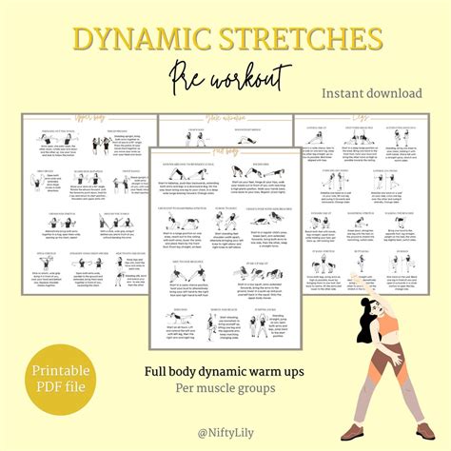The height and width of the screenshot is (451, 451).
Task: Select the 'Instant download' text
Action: click(372, 93)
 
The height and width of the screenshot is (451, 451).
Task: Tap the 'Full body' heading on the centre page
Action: click(225, 149)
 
